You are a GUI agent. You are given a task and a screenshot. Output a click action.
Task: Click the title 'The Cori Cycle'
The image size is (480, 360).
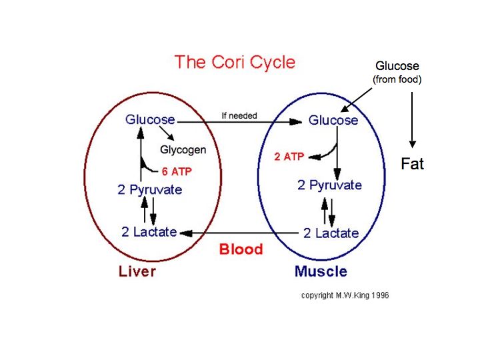pyautogui.click(x=234, y=63)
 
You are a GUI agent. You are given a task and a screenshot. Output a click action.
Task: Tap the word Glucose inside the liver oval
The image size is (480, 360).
pyautogui.click(x=150, y=120)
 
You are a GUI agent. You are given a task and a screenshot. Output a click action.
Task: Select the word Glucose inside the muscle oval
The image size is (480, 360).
pyautogui.click(x=333, y=120)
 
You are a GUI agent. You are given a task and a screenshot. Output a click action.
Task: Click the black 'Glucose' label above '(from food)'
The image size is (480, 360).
pyautogui.click(x=397, y=66)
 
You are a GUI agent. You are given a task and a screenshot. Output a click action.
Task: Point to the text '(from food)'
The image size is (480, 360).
pyautogui.click(x=397, y=80)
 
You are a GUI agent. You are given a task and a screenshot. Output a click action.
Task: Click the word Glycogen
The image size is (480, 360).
pyautogui.click(x=183, y=150)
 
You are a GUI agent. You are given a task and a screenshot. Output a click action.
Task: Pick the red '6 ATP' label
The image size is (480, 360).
pyautogui.click(x=177, y=171)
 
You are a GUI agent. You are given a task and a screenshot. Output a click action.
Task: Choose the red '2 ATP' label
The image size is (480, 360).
pyautogui.click(x=289, y=157)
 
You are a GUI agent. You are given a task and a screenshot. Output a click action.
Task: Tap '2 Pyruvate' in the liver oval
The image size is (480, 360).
pyautogui.click(x=149, y=190)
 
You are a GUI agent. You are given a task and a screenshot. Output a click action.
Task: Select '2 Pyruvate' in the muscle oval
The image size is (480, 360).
pyautogui.click(x=329, y=185)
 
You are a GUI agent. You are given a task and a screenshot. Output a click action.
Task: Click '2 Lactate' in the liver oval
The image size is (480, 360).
pyautogui.click(x=149, y=232)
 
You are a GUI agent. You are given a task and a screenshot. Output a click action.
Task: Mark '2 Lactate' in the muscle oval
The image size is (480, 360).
pyautogui.click(x=331, y=233)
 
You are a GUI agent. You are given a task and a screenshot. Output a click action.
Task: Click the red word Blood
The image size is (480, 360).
pyautogui.click(x=241, y=249)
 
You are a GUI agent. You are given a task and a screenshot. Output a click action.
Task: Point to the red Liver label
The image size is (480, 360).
pyautogui.click(x=137, y=271)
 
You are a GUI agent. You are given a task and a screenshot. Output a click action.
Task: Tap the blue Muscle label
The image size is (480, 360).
pyautogui.click(x=321, y=271)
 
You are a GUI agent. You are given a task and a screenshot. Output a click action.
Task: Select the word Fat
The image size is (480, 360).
pyautogui.click(x=412, y=163)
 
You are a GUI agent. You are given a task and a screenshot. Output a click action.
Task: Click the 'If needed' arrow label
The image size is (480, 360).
pyautogui.click(x=239, y=115)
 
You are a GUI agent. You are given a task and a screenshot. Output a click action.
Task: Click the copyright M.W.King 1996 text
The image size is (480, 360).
pyautogui.click(x=345, y=295)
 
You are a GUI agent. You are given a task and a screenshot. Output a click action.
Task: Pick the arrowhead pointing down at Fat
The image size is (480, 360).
pyautogui.click(x=413, y=143)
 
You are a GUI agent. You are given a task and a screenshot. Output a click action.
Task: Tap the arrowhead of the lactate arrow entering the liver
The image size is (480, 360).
pyautogui.click(x=184, y=233)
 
